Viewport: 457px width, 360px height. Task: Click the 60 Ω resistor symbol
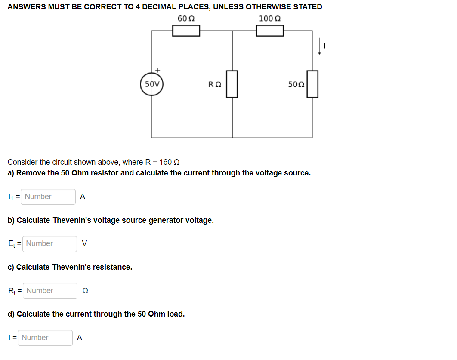click(186, 31)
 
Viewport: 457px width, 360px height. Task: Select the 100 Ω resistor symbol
click(270, 31)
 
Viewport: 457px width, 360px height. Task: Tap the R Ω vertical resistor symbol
click(232, 84)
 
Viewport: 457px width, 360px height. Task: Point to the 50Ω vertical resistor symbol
click(312, 84)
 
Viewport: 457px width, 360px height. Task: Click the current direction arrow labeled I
click(320, 46)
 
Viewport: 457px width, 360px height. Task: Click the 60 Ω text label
click(186, 18)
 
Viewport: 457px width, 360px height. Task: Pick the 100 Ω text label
click(270, 18)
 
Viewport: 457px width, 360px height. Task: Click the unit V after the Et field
click(84, 243)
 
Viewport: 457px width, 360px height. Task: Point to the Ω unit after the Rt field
click(85, 291)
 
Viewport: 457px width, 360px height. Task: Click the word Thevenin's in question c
click(70, 267)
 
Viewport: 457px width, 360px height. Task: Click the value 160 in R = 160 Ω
click(165, 162)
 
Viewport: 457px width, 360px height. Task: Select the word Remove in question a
click(31, 173)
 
